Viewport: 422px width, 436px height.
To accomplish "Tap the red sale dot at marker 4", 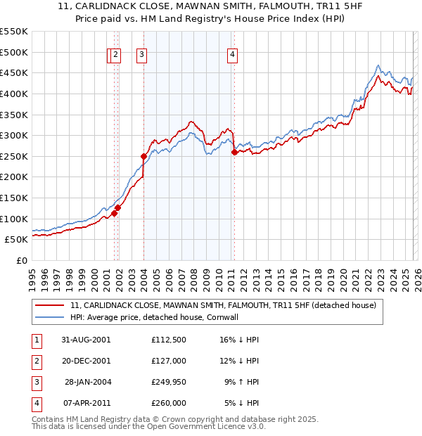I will [x=234, y=152].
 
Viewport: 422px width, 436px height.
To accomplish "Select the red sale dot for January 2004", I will [x=143, y=156].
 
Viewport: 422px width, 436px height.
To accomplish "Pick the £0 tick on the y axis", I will [x=23, y=260].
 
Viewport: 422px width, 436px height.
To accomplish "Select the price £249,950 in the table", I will [x=169, y=383].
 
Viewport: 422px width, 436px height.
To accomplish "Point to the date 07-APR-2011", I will [x=85, y=404].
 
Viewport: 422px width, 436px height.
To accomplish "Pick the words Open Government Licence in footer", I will [x=205, y=426].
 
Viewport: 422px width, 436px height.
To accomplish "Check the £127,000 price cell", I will [x=169, y=361].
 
